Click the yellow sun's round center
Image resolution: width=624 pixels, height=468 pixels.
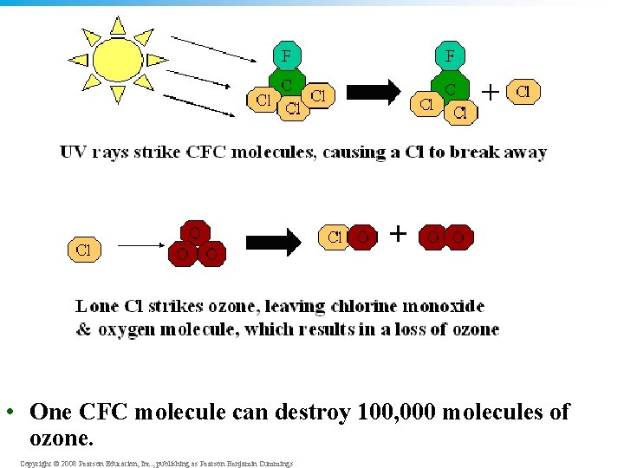(117, 59)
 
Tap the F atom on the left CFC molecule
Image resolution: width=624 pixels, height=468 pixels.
(287, 56)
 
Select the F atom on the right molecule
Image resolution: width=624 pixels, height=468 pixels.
(450, 56)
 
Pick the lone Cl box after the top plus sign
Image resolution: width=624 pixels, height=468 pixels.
(523, 91)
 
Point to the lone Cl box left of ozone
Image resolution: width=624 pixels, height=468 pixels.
(83, 250)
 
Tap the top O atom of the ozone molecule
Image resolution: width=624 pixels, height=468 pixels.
(195, 233)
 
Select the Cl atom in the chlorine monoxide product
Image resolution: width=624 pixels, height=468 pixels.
(335, 237)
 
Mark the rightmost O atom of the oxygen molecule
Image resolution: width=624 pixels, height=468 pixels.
(459, 237)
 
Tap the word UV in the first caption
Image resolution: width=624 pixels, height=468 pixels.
(72, 153)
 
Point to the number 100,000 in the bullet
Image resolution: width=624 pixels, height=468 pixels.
(394, 412)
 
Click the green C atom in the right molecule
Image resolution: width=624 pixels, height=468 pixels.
(451, 90)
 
